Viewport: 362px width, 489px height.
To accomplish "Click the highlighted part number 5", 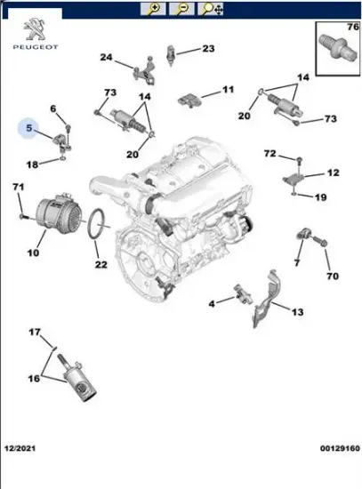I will (x=29, y=130).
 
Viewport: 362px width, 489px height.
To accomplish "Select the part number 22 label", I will (x=101, y=264).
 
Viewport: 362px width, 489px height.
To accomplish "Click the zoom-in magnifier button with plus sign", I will (x=154, y=10).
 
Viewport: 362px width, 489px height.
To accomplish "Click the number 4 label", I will (x=212, y=305).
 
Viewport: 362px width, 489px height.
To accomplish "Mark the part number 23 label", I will (x=207, y=48).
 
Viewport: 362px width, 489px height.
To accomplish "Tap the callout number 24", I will (x=106, y=58).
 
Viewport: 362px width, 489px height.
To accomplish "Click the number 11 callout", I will (x=228, y=90).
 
